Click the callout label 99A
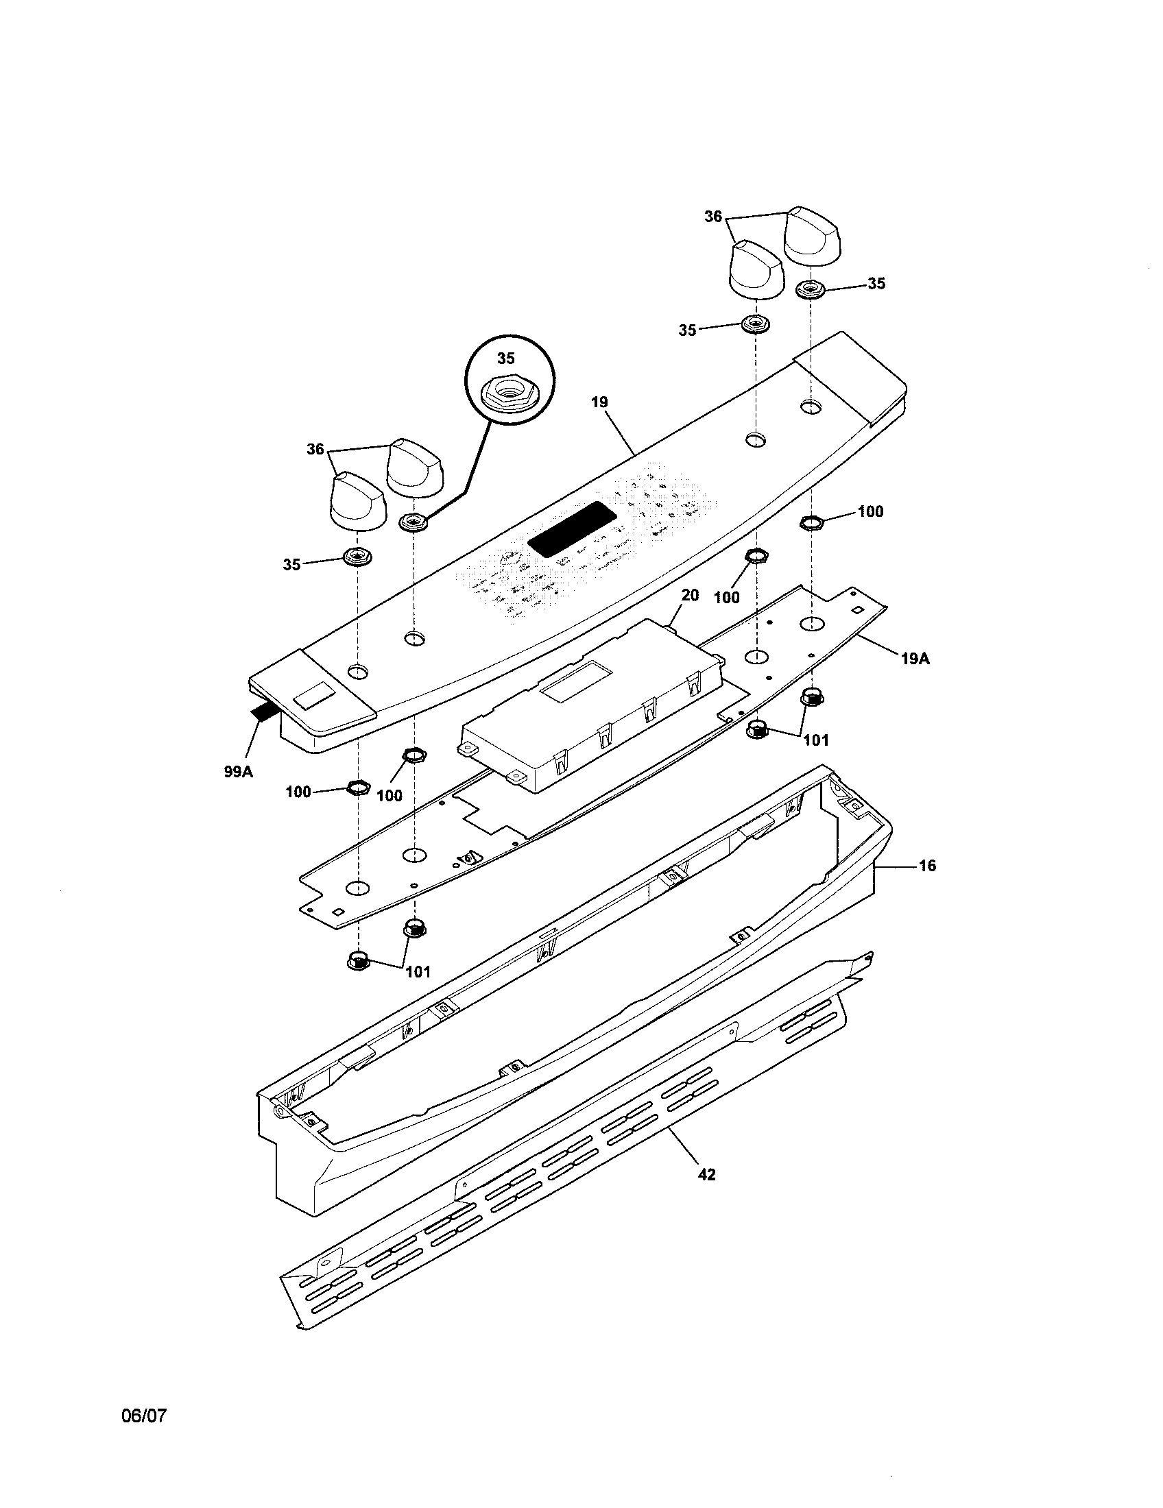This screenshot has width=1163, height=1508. pyautogui.click(x=238, y=772)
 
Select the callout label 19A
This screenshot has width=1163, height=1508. pyautogui.click(x=915, y=659)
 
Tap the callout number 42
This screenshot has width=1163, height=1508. pyautogui.click(x=706, y=1173)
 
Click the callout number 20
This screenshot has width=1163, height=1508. pyautogui.click(x=690, y=594)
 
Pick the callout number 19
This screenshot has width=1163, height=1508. pyautogui.click(x=599, y=401)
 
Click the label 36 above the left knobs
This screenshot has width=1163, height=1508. pyautogui.click(x=315, y=450)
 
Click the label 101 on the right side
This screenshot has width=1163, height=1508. pyautogui.click(x=816, y=740)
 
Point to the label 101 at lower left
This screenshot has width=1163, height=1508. pyautogui.click(x=418, y=971)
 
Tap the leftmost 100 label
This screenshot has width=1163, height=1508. pyautogui.click(x=298, y=792)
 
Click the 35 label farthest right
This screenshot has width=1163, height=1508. pyautogui.click(x=876, y=284)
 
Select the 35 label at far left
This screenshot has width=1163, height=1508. pyautogui.click(x=291, y=564)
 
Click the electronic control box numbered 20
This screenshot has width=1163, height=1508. pyautogui.click(x=594, y=704)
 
